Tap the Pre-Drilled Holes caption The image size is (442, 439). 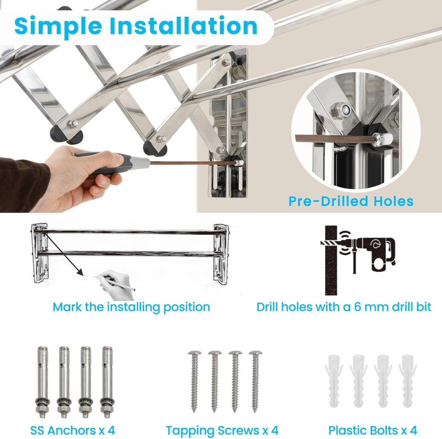click(351, 201)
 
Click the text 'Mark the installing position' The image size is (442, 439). click(131, 307)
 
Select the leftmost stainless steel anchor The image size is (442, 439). click(43, 382)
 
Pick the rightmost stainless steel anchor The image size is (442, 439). click(107, 382)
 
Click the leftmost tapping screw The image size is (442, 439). click(195, 382)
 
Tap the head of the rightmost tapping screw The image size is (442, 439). click(256, 353)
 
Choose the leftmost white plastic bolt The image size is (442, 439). click(334, 381)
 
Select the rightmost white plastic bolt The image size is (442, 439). click(407, 381)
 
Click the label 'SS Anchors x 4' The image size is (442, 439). click(73, 430)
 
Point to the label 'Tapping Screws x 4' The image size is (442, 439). click(222, 430)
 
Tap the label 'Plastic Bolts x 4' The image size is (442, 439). click(373, 430)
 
